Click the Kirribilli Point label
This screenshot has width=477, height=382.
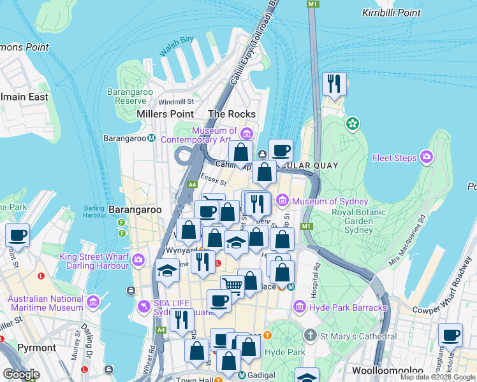tap(391, 13)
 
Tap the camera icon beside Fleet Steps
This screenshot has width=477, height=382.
tap(427, 157)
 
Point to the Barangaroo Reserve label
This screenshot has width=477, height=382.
tap(126, 96)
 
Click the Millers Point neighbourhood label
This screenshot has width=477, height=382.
tap(165, 114)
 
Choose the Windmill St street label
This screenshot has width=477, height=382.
tap(176, 102)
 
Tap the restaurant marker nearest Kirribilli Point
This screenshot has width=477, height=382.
tap(334, 84)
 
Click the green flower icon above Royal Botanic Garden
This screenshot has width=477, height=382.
tap(352, 124)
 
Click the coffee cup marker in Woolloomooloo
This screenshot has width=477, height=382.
tap(450, 335)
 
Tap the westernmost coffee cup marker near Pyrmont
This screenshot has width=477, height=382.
tap(17, 235)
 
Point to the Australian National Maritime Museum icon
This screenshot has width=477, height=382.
tap(94, 301)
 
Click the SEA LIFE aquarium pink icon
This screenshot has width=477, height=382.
tap(143, 308)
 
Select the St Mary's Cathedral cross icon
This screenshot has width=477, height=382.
tap(310, 336)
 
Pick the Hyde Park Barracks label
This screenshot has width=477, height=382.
tap(348, 308)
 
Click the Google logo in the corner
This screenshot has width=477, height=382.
tap(21, 374)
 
